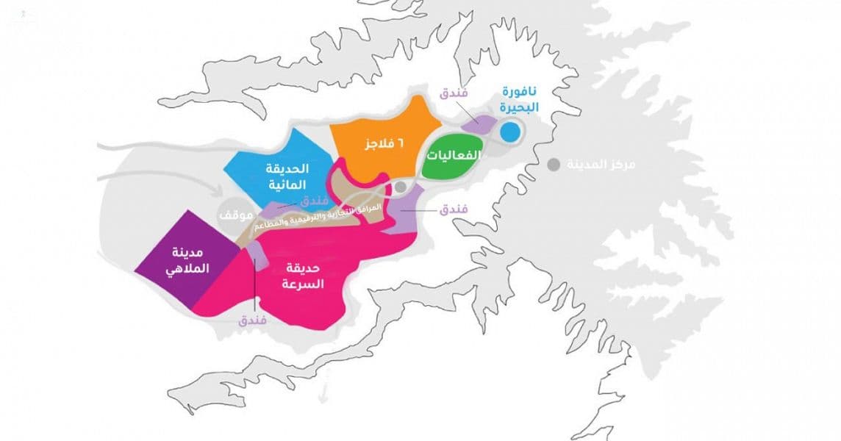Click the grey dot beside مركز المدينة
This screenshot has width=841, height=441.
pos(553,164)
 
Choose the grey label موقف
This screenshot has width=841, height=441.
pos(236,215)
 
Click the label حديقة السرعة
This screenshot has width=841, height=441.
pos(301,276)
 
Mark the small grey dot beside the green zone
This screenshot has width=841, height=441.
pos(400,187)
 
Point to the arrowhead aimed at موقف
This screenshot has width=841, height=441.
pos(221,193)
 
